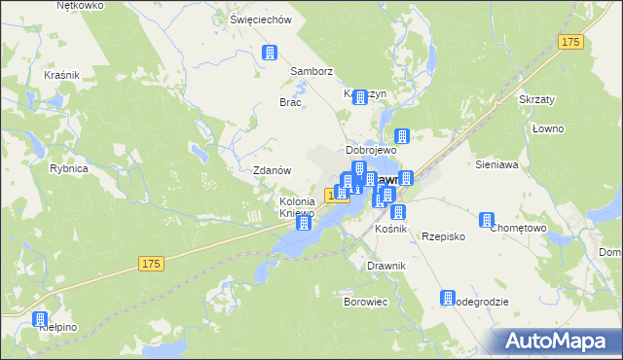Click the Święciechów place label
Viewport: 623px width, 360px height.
point(260,19)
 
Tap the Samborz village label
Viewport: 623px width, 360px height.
point(311,71)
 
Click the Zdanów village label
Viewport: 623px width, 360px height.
point(273,169)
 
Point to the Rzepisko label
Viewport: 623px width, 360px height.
point(443,236)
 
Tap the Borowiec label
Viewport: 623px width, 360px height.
point(366,302)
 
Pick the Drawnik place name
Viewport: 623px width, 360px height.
point(386,266)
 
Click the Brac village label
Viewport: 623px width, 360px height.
point(290,102)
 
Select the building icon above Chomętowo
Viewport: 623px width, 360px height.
point(490,221)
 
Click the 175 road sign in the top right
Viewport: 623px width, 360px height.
point(570,42)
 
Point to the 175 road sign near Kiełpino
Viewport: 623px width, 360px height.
point(150,264)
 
